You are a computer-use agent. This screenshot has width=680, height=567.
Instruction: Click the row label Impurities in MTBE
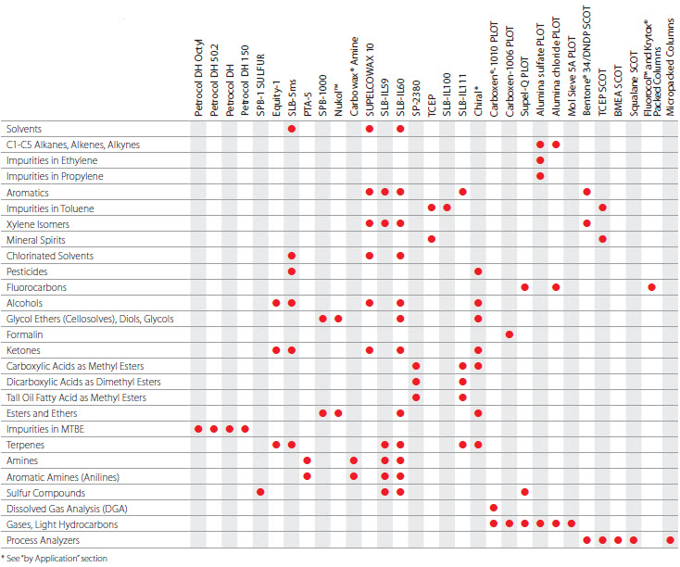coord(41,429)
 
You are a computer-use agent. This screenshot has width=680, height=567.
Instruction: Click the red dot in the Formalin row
coord(510,334)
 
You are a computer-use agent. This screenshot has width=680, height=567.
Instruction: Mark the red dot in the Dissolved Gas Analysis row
coord(494,508)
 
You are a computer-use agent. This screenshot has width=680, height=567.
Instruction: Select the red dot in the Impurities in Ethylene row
coord(540,160)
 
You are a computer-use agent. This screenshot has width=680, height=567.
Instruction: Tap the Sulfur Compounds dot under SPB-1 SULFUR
coord(260,492)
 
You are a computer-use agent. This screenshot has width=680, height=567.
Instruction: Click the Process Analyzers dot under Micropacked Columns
coord(669,539)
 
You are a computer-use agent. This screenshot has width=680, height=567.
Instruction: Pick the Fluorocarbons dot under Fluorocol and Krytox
coord(652,287)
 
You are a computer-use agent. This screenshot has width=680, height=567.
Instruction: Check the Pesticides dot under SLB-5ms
coord(292,271)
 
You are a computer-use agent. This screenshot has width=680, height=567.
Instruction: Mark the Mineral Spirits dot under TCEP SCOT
coord(603,240)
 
